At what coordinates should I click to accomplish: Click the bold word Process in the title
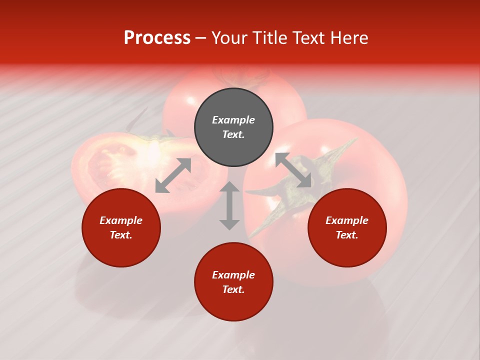pos(157,38)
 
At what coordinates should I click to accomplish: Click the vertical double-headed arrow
pos(229,205)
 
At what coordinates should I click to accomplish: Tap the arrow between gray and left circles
pos(173,175)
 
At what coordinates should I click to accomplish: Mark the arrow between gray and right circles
pos(293,170)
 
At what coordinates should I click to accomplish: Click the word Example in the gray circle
pos(233,120)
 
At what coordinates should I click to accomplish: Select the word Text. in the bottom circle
pos(233,289)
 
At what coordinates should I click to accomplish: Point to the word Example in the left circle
pos(121,220)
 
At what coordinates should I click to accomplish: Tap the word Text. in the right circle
pos(347,235)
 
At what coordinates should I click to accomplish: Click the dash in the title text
pos(201,38)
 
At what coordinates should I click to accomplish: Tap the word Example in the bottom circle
pos(233,275)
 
